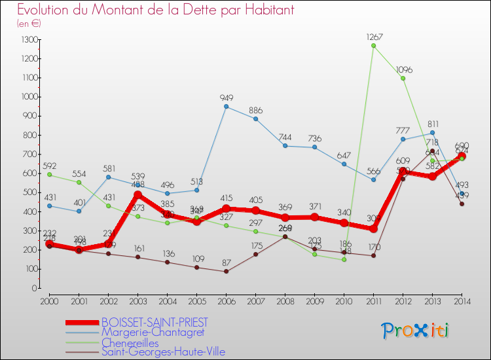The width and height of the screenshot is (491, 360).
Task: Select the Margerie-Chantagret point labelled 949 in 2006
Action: [226, 106]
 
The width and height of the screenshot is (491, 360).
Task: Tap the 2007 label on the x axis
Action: [255, 300]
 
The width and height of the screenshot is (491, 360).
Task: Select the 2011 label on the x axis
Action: [373, 300]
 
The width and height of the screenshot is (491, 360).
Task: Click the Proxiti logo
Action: [416, 331]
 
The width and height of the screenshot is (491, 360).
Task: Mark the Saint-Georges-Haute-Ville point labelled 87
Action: [226, 271]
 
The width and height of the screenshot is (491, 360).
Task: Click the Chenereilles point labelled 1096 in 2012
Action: [403, 78]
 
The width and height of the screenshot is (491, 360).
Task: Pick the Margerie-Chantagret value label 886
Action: [256, 110]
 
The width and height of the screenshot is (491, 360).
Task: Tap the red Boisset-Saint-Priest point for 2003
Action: [137, 194]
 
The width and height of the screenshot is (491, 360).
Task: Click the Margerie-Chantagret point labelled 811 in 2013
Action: [432, 133]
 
